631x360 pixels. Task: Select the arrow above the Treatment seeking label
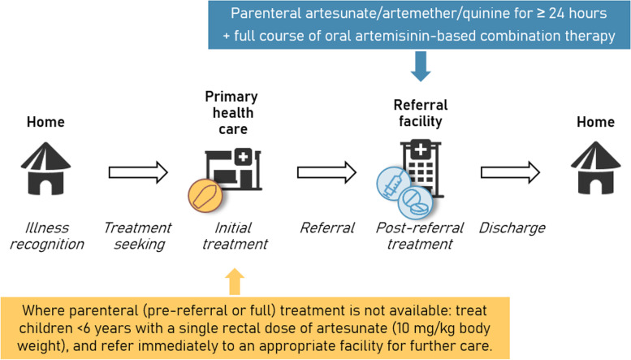[137, 172]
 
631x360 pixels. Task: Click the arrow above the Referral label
[327, 172]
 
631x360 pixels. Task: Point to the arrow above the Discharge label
[510, 172]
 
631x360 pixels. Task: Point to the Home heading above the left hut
[45, 122]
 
